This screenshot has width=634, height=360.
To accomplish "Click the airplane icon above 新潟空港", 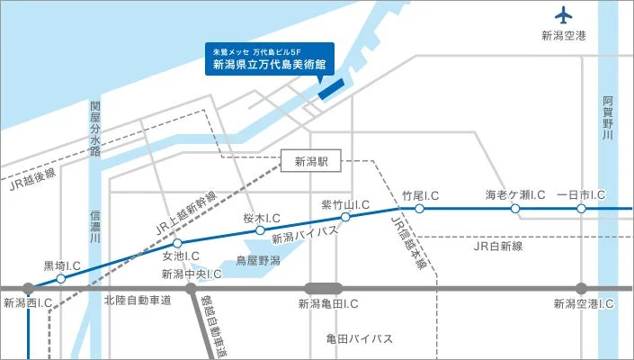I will (564, 15).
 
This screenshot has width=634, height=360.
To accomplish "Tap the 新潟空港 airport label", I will (564, 36).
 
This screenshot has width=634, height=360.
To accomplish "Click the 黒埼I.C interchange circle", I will (60, 279).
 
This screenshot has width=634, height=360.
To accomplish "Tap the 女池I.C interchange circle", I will (177, 243).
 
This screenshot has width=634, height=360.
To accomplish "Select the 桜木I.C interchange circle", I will (261, 229).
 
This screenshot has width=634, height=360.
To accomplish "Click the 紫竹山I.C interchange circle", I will (345, 216).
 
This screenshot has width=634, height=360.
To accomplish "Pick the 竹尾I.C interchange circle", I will (419, 209).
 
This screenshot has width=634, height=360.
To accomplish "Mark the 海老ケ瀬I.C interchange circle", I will (515, 209).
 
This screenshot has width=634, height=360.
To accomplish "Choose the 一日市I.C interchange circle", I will (581, 209).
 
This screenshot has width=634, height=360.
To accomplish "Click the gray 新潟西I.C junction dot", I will (28, 289).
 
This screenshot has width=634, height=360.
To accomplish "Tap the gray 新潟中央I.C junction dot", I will (191, 289).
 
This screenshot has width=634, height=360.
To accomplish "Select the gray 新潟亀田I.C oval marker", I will (324, 289).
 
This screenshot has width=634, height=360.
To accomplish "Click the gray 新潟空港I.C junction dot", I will (581, 289).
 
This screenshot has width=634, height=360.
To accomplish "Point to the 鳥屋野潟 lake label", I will (258, 261).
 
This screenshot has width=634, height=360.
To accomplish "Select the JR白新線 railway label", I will (497, 245).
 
